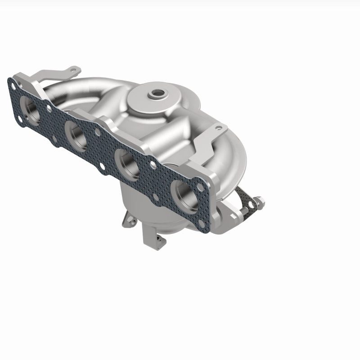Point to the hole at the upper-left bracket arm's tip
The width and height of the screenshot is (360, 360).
click(x=72, y=68)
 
